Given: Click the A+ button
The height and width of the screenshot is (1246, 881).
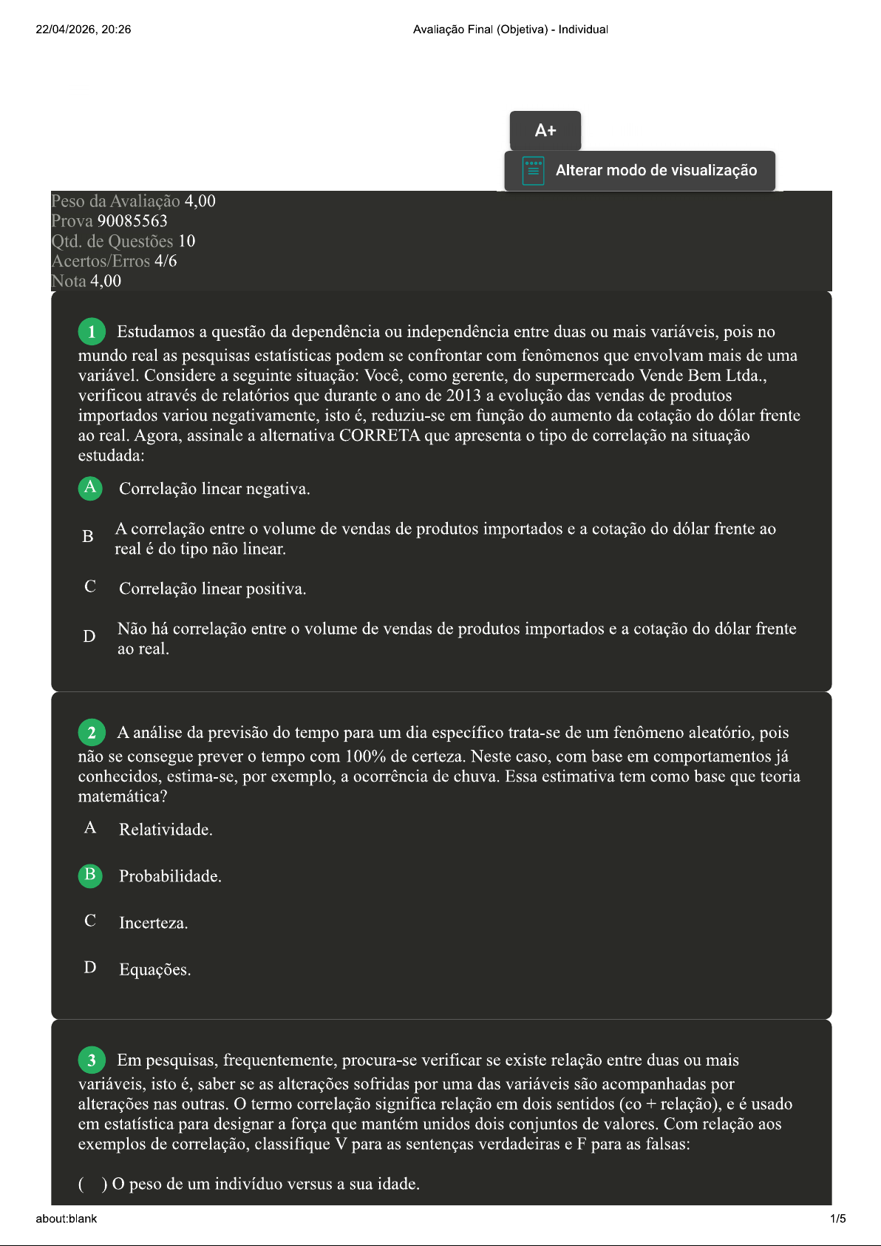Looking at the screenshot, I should click(545, 131).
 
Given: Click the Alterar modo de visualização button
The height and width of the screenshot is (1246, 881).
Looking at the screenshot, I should click(639, 171).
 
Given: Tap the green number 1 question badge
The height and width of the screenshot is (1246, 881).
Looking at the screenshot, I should click(92, 332).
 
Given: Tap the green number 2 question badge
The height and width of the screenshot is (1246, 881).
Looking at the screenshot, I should click(92, 733).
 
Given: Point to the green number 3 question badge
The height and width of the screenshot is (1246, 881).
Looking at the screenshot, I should click(92, 1060).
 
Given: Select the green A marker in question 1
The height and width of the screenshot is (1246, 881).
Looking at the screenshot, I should click(90, 488).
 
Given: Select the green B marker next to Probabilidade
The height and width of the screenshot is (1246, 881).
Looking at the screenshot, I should click(90, 876).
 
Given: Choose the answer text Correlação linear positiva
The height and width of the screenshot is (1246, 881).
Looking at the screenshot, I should click(212, 589).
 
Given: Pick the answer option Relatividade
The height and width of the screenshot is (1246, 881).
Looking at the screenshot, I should click(166, 830).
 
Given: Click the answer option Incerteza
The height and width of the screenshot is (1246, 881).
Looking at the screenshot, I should click(153, 923).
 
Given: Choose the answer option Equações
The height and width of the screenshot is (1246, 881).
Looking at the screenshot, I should click(154, 969).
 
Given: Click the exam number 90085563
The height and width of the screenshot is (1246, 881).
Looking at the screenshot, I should click(132, 221).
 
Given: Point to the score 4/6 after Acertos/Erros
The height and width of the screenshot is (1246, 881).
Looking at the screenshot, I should click(166, 261).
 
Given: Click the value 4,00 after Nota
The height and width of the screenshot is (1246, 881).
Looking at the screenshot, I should click(106, 281).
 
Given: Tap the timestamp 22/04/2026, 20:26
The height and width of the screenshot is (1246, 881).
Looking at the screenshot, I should click(84, 30).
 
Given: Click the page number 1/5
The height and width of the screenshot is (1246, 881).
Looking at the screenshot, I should click(837, 1219).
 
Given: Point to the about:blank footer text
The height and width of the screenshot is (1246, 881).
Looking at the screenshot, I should click(67, 1219).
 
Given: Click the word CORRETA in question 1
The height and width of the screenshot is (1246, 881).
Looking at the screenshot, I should click(379, 436).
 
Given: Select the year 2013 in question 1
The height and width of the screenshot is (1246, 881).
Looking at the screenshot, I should click(463, 396).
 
